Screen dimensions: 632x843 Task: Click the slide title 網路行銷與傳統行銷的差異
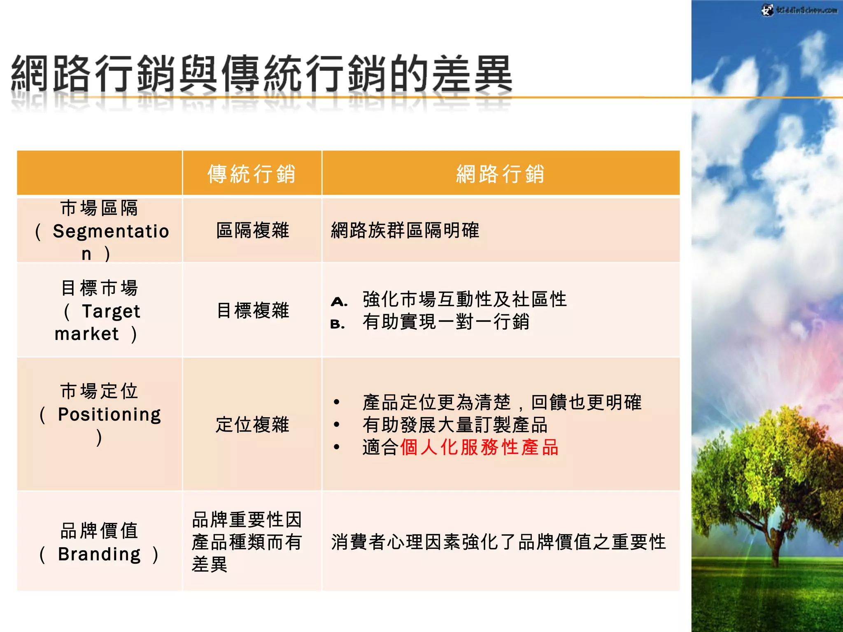[x=262, y=74]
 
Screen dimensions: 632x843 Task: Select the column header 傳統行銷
[x=252, y=174]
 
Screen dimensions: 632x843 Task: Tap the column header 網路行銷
[x=500, y=174]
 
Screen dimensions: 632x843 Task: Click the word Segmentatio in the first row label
[x=111, y=231]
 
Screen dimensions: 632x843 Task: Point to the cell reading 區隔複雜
[x=252, y=230]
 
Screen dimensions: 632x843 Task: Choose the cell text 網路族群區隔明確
[x=405, y=230]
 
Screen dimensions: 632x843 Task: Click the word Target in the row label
[x=111, y=311]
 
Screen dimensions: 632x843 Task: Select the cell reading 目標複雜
[x=252, y=310]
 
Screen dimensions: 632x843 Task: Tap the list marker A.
[x=339, y=302]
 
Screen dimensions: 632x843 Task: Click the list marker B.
[x=338, y=324]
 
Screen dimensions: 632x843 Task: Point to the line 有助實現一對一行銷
[x=446, y=322]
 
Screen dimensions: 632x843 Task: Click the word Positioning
[x=109, y=414]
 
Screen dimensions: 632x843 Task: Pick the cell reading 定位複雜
[x=252, y=425]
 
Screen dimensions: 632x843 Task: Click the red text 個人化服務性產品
[x=479, y=447]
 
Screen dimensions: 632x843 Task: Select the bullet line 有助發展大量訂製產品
[x=455, y=425]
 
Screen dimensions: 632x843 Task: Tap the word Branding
[x=99, y=554]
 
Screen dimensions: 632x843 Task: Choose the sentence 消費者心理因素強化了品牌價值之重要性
[x=498, y=542]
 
